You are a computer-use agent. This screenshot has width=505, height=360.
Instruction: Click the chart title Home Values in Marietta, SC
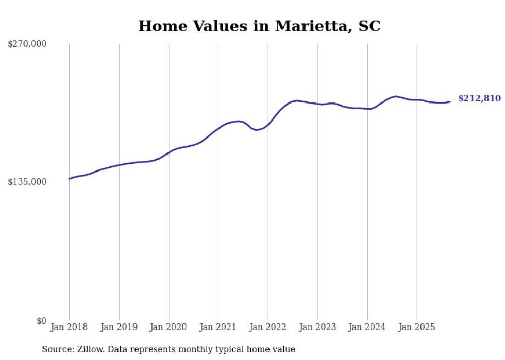(x=259, y=26)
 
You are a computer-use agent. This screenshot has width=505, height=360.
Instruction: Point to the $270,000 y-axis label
(x=27, y=44)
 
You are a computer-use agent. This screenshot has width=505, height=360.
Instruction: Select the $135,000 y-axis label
(x=27, y=182)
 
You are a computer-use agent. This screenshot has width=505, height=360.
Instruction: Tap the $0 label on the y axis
(x=41, y=321)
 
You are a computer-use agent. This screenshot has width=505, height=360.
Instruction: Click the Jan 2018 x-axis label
(x=69, y=327)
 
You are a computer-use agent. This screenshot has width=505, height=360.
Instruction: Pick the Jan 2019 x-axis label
(x=119, y=327)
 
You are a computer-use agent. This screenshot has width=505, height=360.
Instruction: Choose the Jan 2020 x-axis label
(x=169, y=327)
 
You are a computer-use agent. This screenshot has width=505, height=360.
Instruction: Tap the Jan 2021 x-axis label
(x=218, y=327)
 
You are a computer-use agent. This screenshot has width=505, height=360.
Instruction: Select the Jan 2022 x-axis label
(x=268, y=327)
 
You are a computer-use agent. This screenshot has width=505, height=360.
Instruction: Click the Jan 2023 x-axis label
(x=318, y=327)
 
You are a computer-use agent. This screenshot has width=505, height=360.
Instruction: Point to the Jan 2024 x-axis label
(x=367, y=327)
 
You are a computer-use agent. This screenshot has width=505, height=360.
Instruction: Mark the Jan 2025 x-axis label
(x=417, y=327)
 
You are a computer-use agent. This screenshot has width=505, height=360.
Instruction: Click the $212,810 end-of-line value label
(x=479, y=98)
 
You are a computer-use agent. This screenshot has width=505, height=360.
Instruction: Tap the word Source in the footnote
(x=56, y=349)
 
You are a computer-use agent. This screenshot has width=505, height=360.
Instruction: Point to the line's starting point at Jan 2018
(x=69, y=179)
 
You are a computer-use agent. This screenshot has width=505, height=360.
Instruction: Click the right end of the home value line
(x=450, y=101)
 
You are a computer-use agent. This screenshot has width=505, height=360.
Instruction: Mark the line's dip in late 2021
(x=256, y=130)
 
